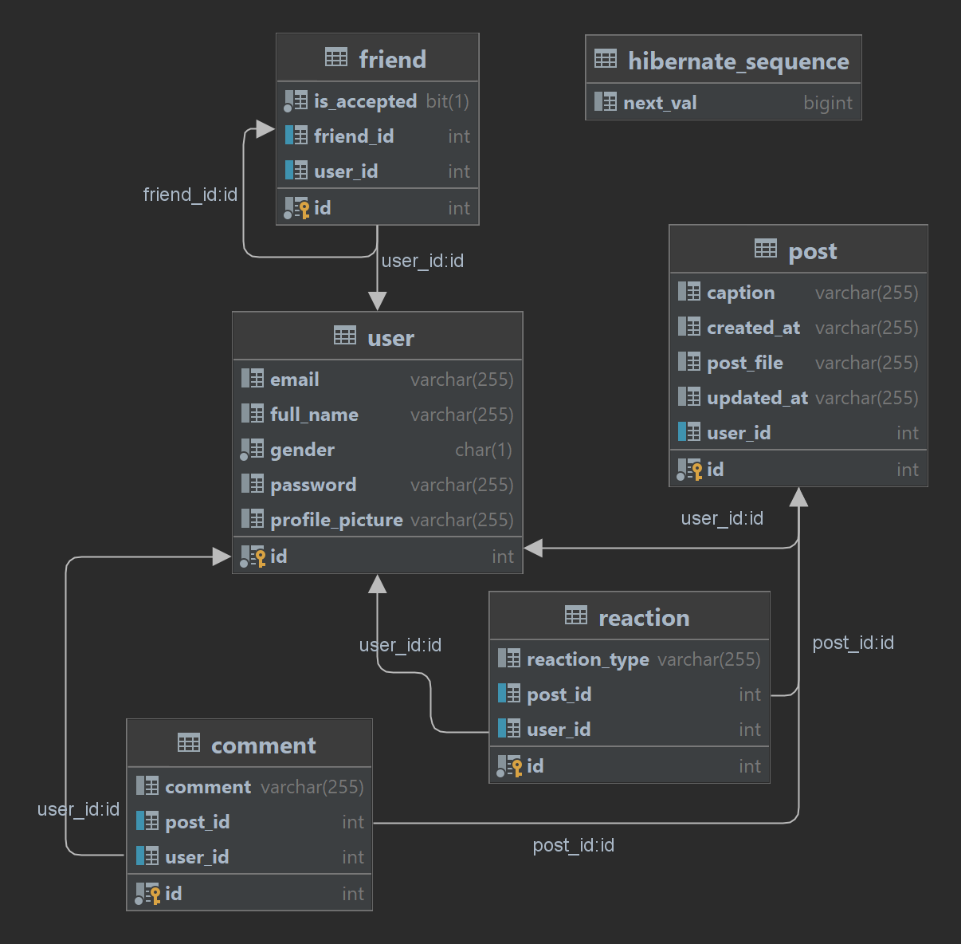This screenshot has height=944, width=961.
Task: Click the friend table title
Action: (x=392, y=59)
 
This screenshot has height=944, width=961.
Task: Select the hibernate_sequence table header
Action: (x=738, y=61)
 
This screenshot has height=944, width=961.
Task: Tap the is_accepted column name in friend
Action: (x=365, y=101)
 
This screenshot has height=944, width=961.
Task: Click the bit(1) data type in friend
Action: (x=447, y=101)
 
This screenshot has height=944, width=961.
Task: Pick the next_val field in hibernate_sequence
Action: (x=660, y=103)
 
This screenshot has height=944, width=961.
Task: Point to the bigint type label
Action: (x=828, y=103)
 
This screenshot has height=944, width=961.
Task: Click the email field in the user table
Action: (x=294, y=380)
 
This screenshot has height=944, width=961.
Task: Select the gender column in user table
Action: (x=302, y=450)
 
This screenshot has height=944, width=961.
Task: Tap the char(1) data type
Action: (x=483, y=450)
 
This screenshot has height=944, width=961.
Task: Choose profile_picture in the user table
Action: (x=336, y=520)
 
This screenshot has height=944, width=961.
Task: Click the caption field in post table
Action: (x=740, y=293)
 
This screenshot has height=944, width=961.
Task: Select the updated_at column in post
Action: (x=757, y=398)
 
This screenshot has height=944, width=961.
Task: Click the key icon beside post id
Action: (x=696, y=470)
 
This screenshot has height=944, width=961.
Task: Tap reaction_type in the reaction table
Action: (x=587, y=659)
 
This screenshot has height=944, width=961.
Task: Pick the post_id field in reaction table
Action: (x=559, y=694)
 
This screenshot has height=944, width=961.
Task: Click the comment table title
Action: (x=263, y=745)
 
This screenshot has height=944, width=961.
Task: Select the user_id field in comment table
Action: (x=197, y=857)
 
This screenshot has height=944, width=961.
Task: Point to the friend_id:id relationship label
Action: (x=190, y=195)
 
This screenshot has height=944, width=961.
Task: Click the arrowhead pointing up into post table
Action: (x=798, y=498)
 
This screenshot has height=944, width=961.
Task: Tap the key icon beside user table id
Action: (x=260, y=557)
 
